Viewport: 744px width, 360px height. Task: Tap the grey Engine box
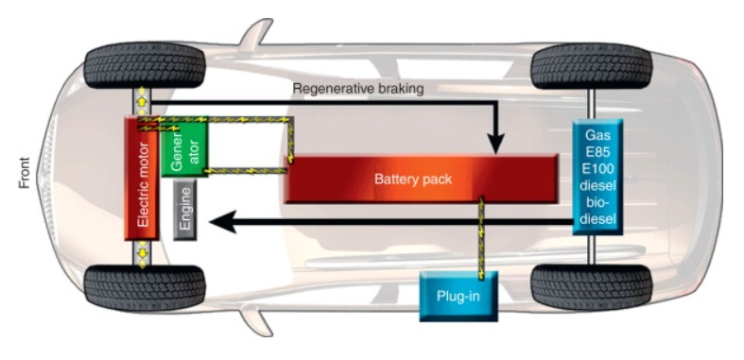pos(185,214)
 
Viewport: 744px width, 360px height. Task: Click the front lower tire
pos(144,286)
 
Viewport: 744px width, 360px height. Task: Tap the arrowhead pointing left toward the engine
pos(219,223)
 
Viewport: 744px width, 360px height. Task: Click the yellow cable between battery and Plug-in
pos(482,236)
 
